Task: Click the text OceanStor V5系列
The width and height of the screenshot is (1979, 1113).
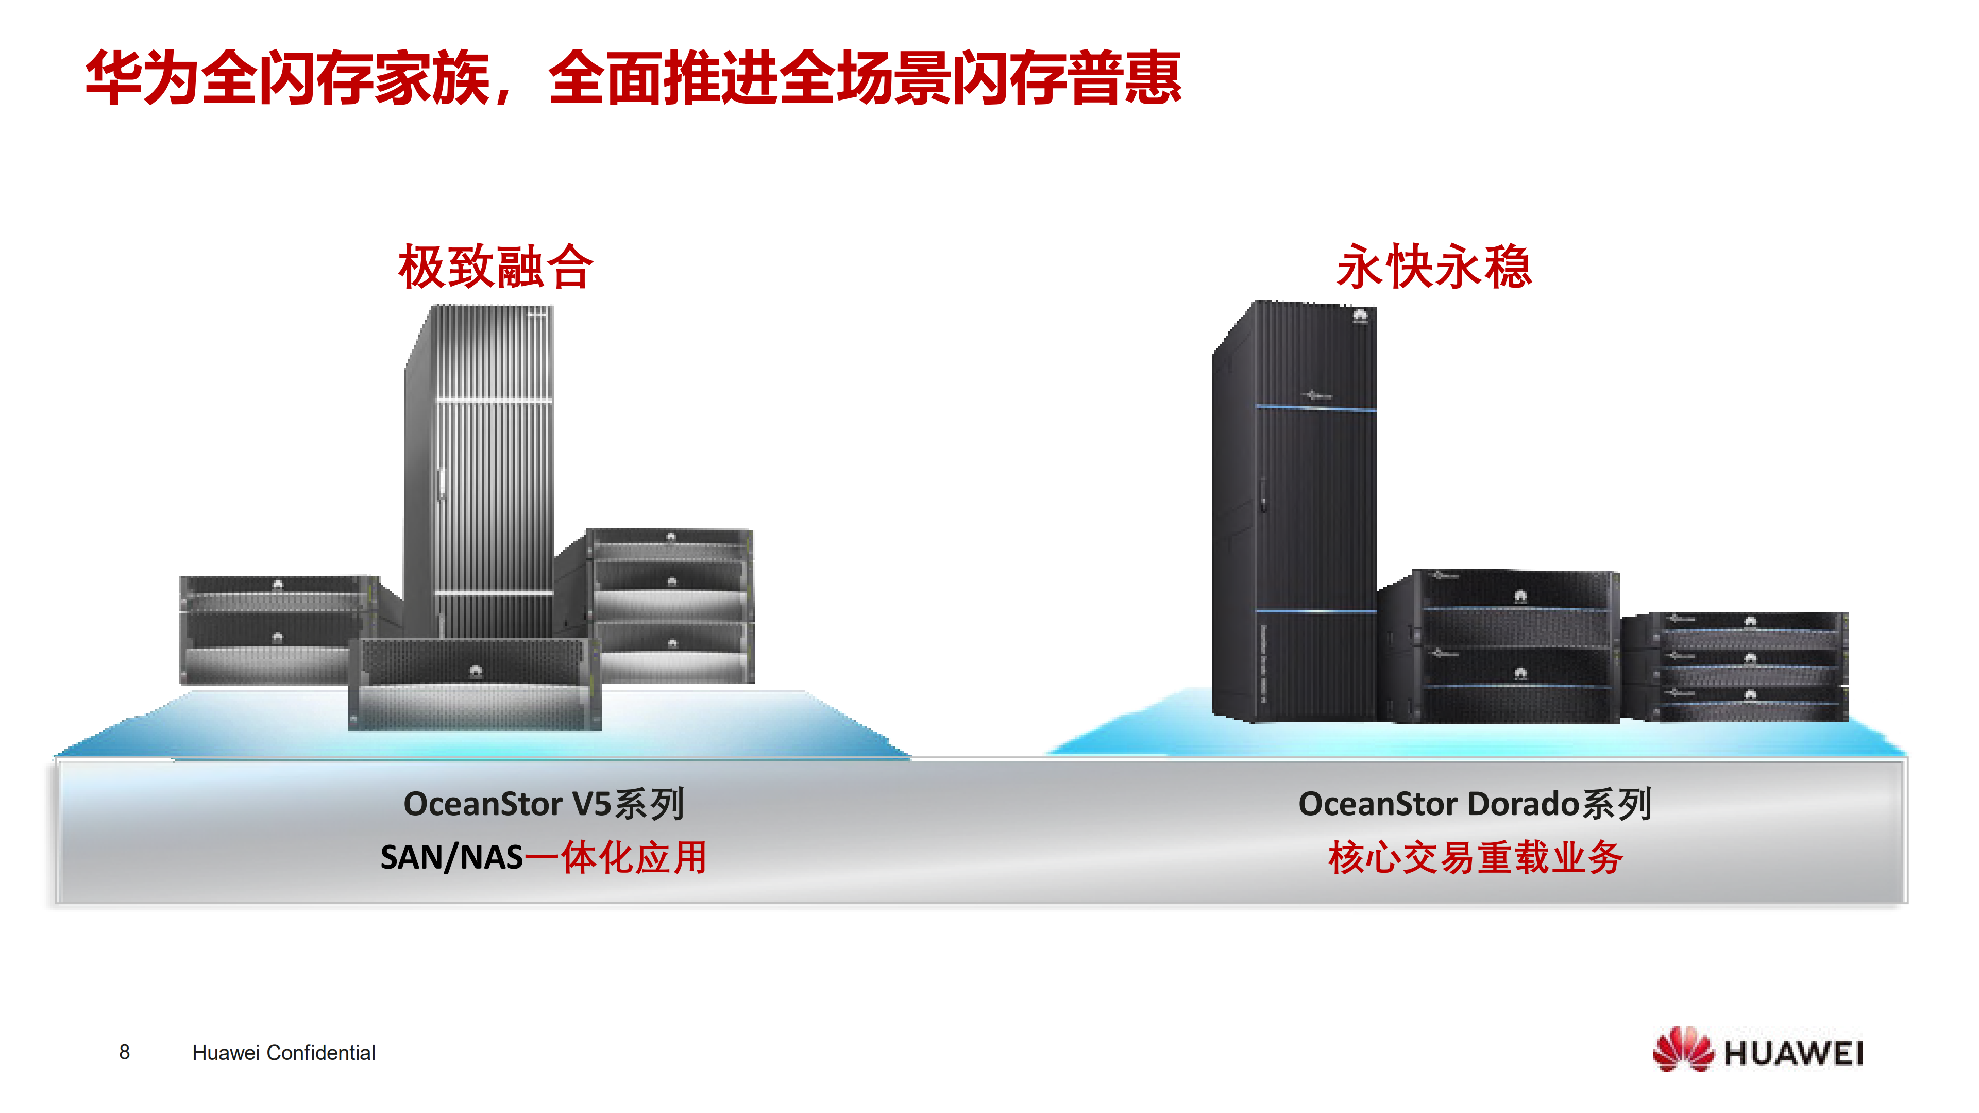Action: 543,805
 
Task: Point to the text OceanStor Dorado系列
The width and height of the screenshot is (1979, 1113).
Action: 1474,805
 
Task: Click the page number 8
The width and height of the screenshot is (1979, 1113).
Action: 125,1052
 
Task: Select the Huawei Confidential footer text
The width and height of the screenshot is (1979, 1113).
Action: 283,1053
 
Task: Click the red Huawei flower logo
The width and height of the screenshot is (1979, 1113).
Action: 1682,1051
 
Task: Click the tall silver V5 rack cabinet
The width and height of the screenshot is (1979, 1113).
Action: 480,469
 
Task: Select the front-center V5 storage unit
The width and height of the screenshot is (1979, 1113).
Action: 474,684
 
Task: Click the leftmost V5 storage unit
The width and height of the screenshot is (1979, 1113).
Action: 265,630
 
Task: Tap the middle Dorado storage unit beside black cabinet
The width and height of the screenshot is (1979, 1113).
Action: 1513,645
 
